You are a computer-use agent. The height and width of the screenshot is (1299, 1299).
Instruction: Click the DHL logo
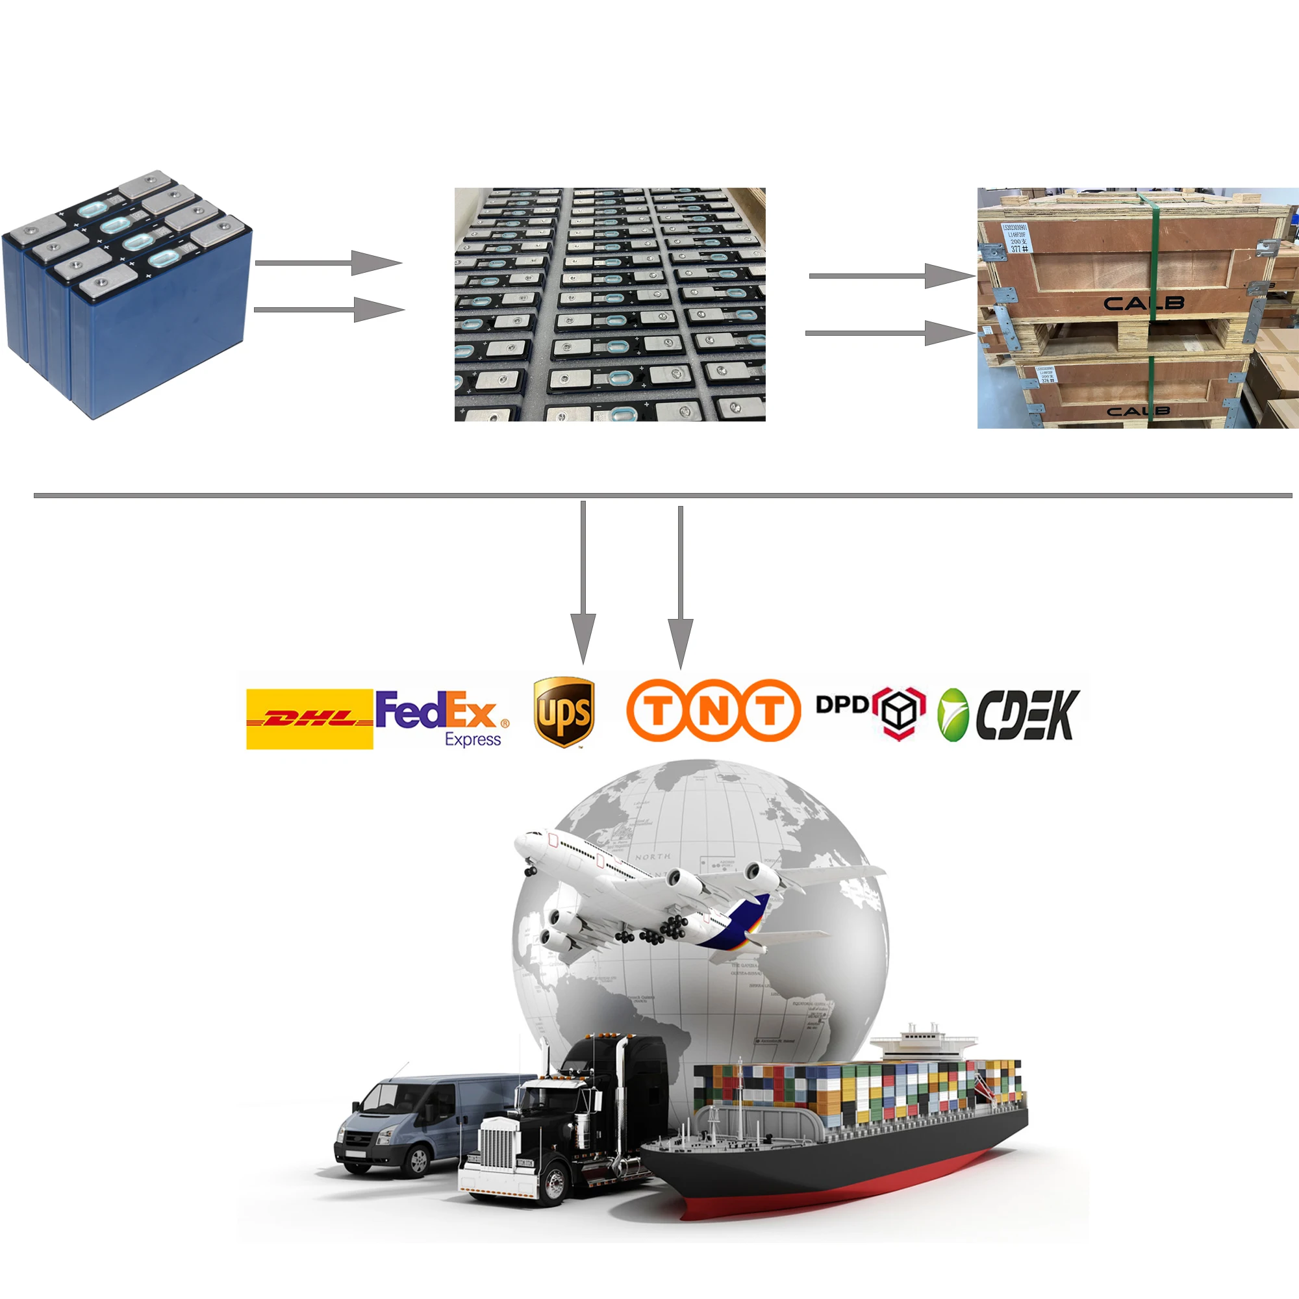click(309, 719)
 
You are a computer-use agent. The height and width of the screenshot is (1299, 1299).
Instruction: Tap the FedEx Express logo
click(440, 717)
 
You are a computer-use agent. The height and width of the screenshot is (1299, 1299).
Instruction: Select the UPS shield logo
click(563, 713)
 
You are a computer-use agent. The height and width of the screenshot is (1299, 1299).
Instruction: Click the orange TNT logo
click(713, 711)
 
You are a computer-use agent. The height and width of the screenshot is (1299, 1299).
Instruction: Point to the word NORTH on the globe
click(652, 857)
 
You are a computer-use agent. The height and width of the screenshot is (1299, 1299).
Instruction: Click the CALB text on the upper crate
click(1144, 303)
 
